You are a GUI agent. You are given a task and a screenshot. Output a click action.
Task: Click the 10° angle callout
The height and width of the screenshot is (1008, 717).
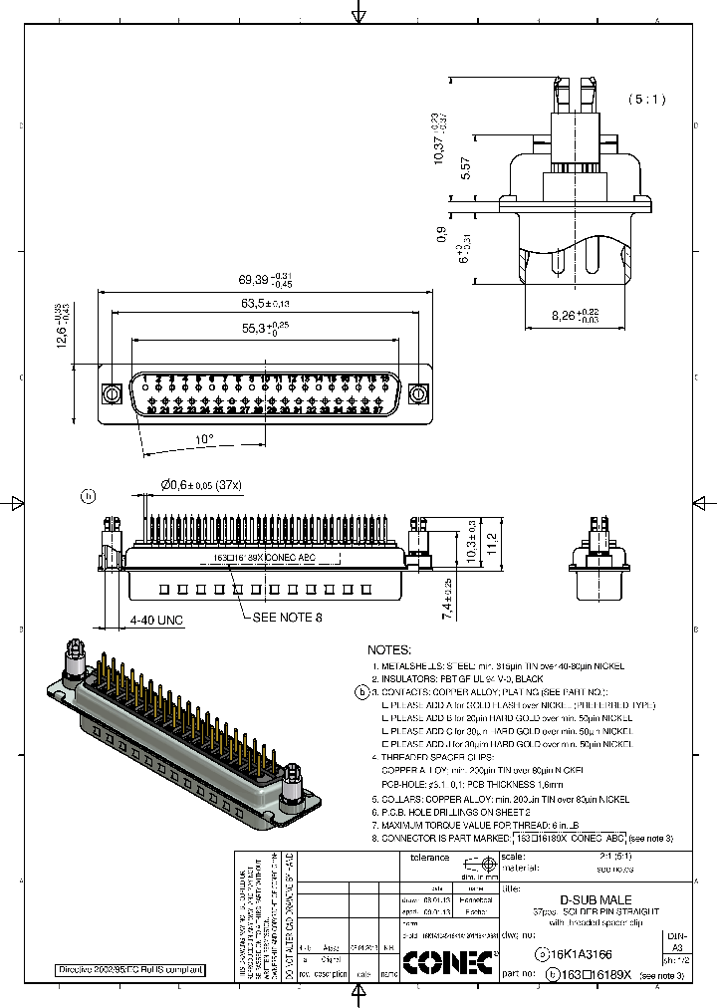203,438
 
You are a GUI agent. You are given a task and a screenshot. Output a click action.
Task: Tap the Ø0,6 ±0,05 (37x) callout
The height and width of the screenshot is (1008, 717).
202,485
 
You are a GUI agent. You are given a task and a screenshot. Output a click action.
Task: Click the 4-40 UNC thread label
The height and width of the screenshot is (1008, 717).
156,621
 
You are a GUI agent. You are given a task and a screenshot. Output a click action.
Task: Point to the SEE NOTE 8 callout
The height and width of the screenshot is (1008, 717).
288,618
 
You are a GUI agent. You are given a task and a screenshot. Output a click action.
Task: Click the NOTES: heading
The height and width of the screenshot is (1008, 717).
388,648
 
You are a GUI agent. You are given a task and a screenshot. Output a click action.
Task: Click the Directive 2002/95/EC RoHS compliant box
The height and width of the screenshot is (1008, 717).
129,969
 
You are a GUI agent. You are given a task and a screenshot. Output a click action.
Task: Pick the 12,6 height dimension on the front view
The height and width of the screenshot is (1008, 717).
61,334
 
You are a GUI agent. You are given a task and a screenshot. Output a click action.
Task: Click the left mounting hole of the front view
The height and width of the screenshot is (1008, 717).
113,394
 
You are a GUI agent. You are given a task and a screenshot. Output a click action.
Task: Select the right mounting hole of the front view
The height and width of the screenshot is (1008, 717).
419,394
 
